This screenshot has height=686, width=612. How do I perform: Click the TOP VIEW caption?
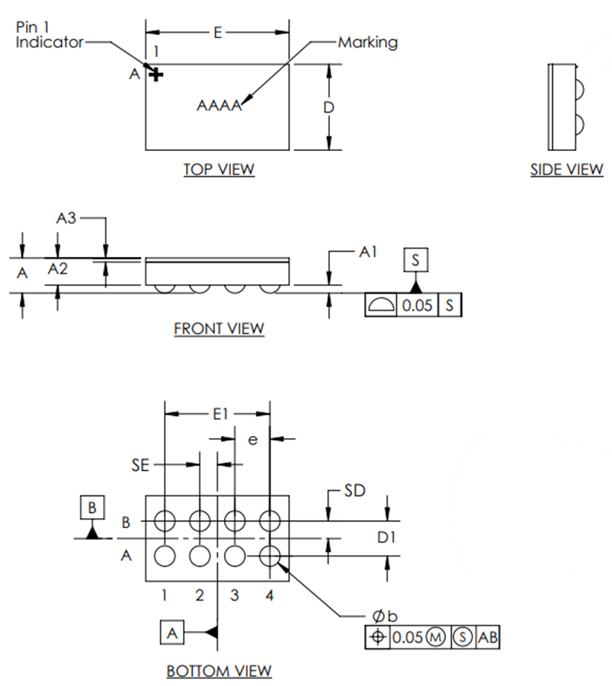(x=219, y=169)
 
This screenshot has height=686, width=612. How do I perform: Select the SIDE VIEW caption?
(x=566, y=170)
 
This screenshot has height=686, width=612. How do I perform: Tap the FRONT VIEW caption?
(x=219, y=329)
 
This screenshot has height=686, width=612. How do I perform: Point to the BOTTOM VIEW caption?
(x=219, y=671)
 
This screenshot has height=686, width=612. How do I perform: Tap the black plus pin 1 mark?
(x=156, y=75)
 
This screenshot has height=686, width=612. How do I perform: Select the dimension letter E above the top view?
(x=218, y=33)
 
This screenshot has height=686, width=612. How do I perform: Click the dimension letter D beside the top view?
(x=328, y=107)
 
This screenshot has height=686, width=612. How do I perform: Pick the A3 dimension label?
(x=67, y=218)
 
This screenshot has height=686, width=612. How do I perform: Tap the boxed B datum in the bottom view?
(x=92, y=508)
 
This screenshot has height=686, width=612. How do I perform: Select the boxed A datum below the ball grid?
(x=172, y=632)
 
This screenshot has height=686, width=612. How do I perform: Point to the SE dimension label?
(x=139, y=464)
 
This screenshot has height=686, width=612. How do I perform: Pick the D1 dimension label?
(x=388, y=538)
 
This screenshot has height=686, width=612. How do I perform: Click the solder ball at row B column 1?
(x=164, y=521)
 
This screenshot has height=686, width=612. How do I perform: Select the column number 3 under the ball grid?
(x=235, y=595)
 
